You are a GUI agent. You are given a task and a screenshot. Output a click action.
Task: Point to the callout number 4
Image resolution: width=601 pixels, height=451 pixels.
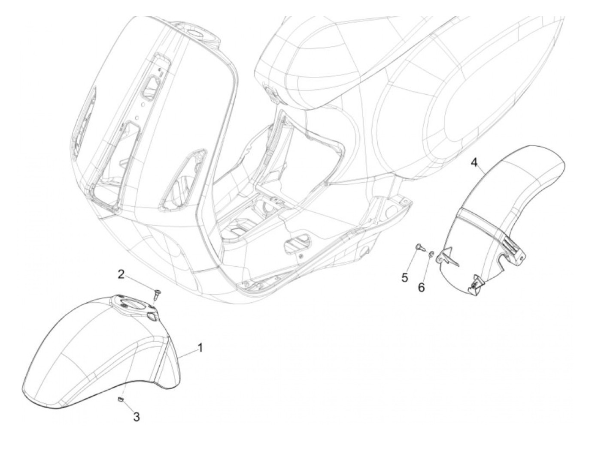(474, 162)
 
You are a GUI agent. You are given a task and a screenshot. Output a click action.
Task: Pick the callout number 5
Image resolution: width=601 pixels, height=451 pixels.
(405, 277)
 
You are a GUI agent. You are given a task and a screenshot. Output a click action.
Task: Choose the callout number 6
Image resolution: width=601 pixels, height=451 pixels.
(422, 287)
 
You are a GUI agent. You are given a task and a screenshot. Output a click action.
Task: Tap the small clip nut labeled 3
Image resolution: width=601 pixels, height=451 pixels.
(121, 400)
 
